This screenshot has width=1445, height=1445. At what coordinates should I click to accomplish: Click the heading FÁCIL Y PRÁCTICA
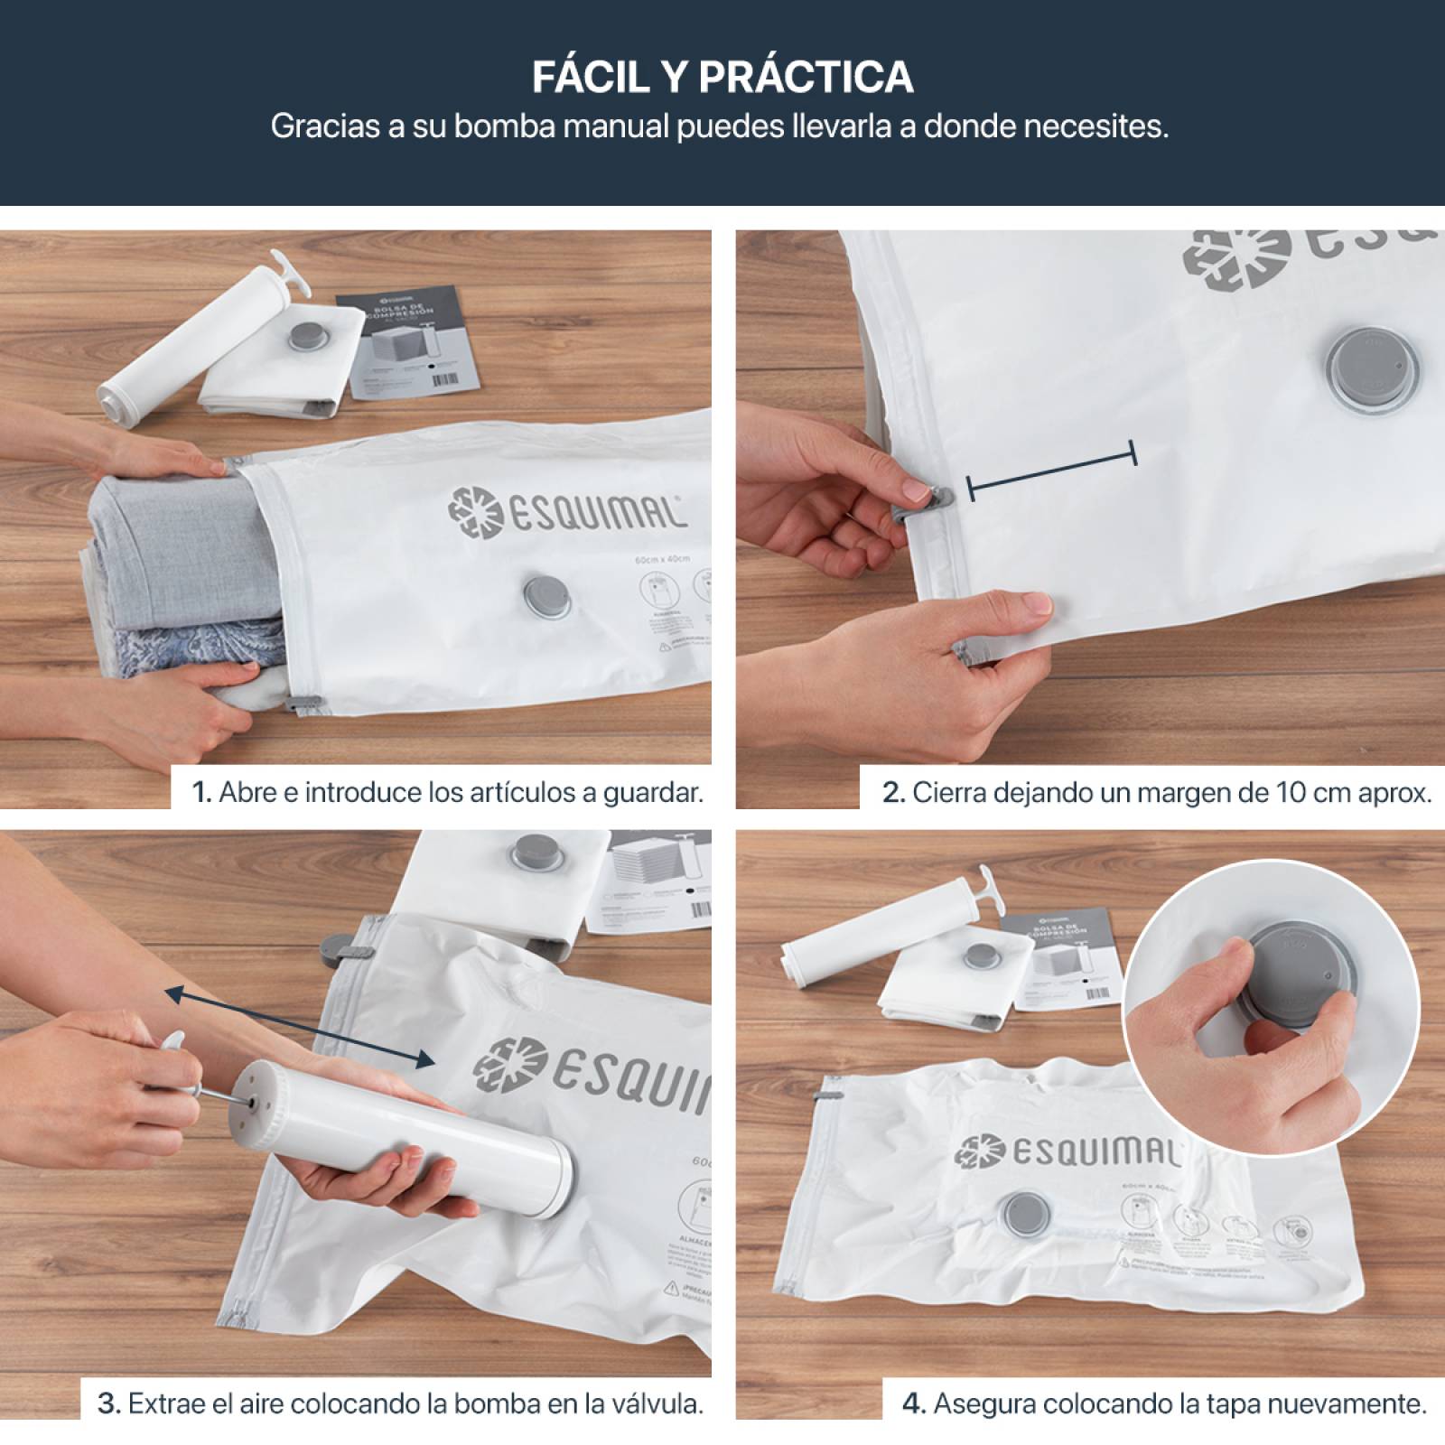pos(722,78)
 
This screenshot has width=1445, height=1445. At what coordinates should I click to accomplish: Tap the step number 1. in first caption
pos(201,793)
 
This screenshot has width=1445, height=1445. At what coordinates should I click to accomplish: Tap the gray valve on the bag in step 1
pos(546,598)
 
